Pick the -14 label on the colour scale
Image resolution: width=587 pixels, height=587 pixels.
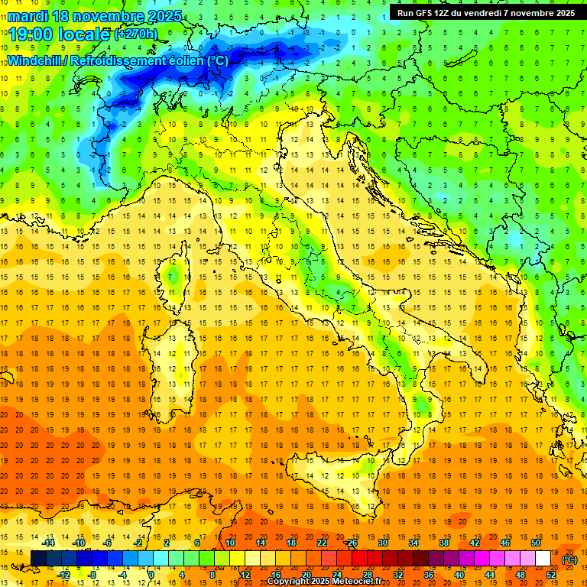click(50, 542)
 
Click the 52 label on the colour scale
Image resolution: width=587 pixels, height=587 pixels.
click(551, 574)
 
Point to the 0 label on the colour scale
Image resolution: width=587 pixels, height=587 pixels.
click(151, 574)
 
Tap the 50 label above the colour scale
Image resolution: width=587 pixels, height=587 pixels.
click(536, 542)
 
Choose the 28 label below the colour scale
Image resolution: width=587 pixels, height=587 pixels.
click(367, 574)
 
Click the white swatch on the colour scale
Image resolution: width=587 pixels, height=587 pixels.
click(543, 558)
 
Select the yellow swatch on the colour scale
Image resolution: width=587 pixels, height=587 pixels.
click(252, 558)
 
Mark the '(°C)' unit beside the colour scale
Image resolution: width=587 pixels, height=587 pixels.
click(569, 559)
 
